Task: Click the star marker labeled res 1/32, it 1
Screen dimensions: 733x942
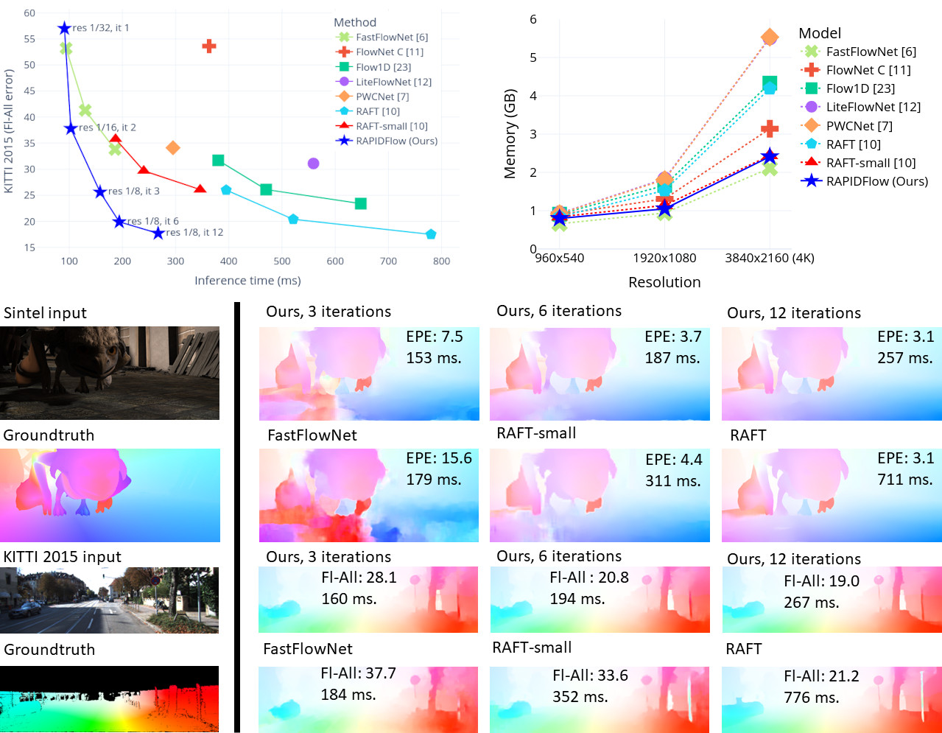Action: pos(64,28)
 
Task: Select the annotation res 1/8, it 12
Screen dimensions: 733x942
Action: pos(194,232)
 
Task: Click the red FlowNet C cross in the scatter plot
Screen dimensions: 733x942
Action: pos(209,46)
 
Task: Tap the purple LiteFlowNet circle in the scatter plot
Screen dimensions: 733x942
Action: pos(313,163)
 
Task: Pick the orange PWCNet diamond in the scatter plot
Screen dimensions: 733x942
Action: pos(173,148)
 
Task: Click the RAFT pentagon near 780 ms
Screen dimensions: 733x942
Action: pos(431,234)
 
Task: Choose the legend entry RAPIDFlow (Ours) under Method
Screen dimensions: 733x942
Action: pos(396,141)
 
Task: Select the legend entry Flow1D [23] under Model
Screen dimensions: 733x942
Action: pos(860,88)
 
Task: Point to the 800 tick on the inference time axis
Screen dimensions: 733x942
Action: pos(441,261)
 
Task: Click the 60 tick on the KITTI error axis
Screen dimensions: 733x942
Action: pos(29,13)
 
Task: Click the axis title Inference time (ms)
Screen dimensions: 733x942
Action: pos(247,281)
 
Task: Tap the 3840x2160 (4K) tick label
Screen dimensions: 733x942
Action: pos(770,258)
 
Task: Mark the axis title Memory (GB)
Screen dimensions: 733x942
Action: pos(510,135)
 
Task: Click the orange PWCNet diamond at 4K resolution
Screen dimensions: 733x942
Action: pos(770,37)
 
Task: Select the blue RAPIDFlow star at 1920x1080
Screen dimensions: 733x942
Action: pos(664,208)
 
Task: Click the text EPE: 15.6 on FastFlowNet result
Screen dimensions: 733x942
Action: pos(439,458)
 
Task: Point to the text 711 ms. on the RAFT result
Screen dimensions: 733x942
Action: pos(905,480)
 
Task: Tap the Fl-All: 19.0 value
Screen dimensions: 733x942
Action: pos(821,581)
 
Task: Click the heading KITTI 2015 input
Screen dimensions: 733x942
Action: pos(63,557)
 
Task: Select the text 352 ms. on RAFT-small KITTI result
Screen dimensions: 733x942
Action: pos(580,697)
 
